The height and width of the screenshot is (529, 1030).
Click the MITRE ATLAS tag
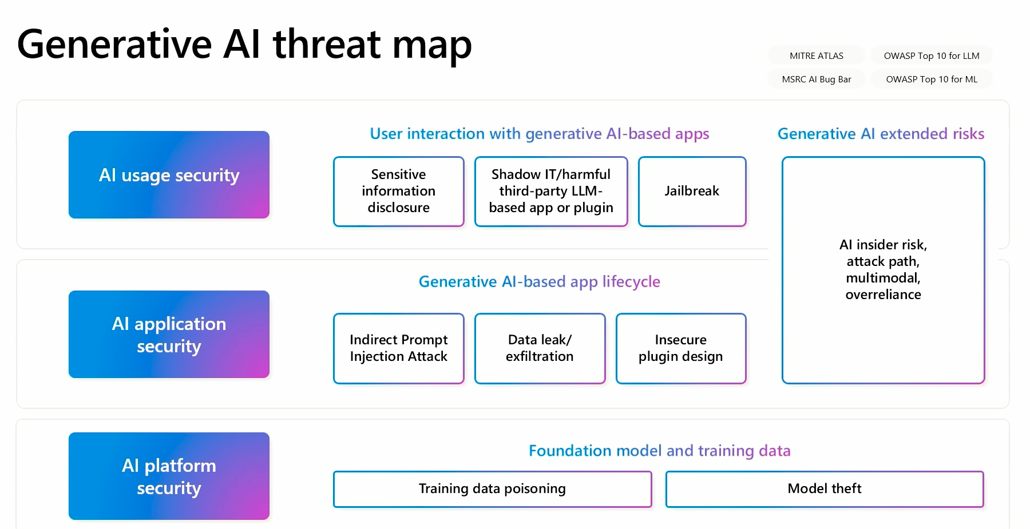pyautogui.click(x=817, y=55)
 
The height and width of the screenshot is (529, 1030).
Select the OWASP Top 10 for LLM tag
pyautogui.click(x=932, y=55)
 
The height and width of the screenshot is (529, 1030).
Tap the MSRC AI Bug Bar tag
pyautogui.click(x=817, y=79)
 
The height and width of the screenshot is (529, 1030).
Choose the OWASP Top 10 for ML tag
pyautogui.click(x=932, y=79)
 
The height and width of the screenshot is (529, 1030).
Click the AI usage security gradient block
pyautogui.click(x=169, y=175)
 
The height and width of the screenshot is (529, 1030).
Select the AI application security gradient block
pyautogui.click(x=169, y=335)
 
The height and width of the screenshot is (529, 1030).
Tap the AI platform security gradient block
pyautogui.click(x=169, y=476)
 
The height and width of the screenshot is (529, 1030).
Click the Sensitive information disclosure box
pyautogui.click(x=398, y=191)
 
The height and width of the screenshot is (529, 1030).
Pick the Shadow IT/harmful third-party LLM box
pyautogui.click(x=551, y=191)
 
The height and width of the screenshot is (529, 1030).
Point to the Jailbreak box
pyautogui.click(x=692, y=191)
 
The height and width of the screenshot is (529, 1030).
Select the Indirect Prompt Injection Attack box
pyautogui.click(x=398, y=348)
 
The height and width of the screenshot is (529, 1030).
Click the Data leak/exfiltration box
pyautogui.click(x=540, y=348)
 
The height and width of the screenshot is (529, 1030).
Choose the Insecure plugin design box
pyautogui.click(x=681, y=348)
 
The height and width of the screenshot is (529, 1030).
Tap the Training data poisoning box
pyautogui.click(x=492, y=489)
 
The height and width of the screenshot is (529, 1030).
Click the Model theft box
pyautogui.click(x=825, y=489)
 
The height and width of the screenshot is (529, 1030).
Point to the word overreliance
pyautogui.click(x=883, y=295)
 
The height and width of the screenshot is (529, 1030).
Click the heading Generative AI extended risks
pyautogui.click(x=881, y=134)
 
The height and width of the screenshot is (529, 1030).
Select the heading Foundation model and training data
pyautogui.click(x=659, y=451)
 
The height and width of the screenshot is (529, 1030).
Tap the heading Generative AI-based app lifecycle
pyautogui.click(x=539, y=281)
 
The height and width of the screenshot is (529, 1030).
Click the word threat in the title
pyautogui.click(x=327, y=45)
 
